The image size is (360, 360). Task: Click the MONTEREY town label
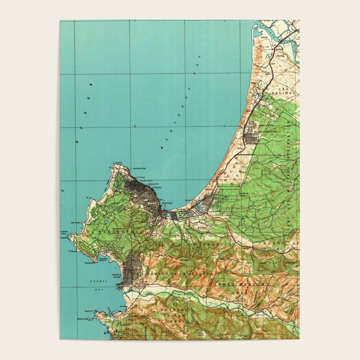(168, 203)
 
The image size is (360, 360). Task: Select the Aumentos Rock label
(140, 169)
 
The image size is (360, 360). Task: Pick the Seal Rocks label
(75, 223)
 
